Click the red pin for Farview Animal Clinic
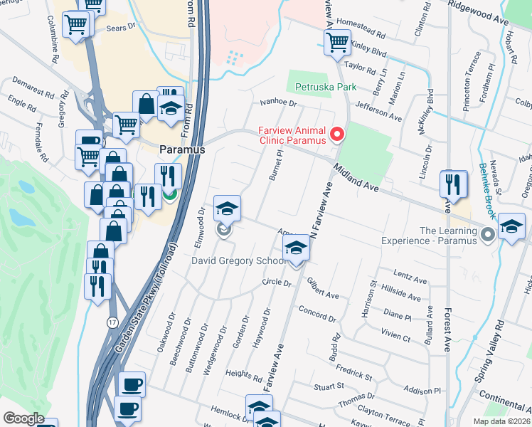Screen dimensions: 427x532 tap(336, 134)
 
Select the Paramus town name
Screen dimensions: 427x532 tap(181, 150)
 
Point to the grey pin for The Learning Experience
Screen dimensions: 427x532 tap(487, 233)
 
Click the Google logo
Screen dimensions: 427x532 tap(23, 418)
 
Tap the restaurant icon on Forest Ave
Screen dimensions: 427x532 tap(453, 184)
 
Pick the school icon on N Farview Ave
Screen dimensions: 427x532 tap(297, 248)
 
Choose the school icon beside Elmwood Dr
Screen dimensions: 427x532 tap(227, 208)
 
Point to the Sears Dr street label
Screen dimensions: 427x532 tap(120, 26)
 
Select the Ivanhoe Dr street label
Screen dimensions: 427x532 tap(277, 102)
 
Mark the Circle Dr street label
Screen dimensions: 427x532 tap(277, 283)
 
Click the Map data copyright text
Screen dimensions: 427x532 tap(501, 421)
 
